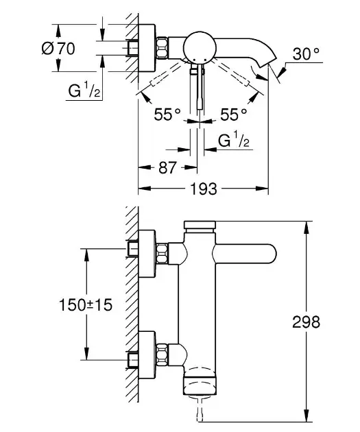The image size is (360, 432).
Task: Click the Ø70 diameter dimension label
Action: (58, 49)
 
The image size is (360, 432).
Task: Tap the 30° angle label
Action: (306, 53)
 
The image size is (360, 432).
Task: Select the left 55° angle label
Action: (167, 115)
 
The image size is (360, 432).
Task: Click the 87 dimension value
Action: (167, 167)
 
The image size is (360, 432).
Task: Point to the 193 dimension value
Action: (204, 189)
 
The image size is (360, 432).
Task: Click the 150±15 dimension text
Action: (86, 305)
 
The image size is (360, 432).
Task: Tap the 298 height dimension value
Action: (306, 322)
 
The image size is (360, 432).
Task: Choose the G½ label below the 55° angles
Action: (234, 140)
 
